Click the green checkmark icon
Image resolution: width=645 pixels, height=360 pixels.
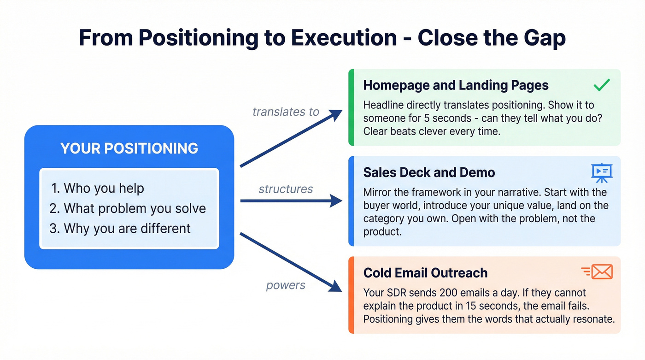pos(602,85)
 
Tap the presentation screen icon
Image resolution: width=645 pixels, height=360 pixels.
pos(602,172)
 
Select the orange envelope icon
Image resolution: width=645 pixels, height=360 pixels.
pos(598,272)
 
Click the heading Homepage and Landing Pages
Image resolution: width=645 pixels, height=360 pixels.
pos(456,85)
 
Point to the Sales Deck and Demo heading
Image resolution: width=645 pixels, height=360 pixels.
pos(429,172)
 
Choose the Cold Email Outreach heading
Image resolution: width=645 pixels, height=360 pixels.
pos(425,272)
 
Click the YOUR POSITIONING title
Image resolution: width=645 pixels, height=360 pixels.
pos(129,148)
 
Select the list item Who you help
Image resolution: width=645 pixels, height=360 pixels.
pos(97,188)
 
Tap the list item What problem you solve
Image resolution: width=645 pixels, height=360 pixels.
pos(128,208)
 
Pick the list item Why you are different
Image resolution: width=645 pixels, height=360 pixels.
pos(120,228)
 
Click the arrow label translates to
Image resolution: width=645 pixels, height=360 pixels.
pos(286,112)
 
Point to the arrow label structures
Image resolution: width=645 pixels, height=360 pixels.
pos(286,189)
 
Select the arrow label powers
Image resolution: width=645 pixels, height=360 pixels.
pos(286,285)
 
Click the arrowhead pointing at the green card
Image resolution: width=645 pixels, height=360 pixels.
pos(337,113)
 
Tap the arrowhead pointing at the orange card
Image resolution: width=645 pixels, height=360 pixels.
pos(337,288)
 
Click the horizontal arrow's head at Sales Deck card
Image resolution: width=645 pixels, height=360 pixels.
pos(338,201)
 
